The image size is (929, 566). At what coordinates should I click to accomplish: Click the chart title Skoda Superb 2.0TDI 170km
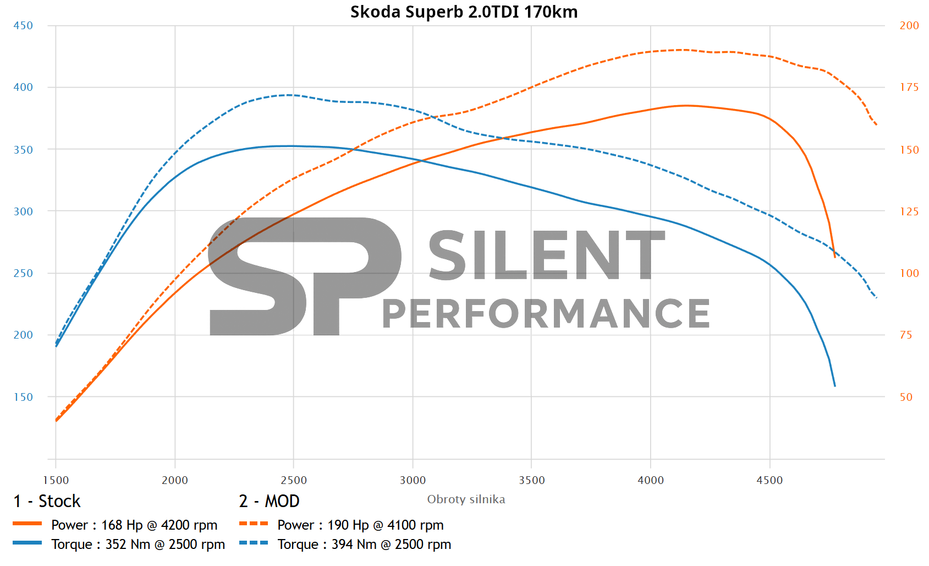[x=464, y=12]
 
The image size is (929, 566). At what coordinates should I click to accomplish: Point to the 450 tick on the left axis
[x=23, y=26]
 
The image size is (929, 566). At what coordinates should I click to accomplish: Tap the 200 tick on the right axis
[x=909, y=26]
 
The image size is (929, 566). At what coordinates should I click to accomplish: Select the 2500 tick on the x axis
[x=294, y=480]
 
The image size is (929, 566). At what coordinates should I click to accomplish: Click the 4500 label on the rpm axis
[x=769, y=480]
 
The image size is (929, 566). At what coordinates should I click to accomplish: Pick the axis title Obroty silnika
[x=466, y=499]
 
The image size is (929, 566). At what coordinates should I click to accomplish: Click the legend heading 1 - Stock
[x=47, y=501]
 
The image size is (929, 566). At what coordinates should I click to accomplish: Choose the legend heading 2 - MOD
[x=269, y=501]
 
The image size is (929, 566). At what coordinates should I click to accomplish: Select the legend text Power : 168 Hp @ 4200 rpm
[x=134, y=525]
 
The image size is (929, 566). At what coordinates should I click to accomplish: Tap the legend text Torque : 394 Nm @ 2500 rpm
[x=364, y=545]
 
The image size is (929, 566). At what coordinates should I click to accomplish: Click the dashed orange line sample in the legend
[x=254, y=524]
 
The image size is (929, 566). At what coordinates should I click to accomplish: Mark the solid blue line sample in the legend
[x=28, y=543]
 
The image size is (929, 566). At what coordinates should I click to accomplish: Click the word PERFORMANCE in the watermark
[x=546, y=314]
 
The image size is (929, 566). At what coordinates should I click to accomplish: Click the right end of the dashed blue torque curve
[x=876, y=297]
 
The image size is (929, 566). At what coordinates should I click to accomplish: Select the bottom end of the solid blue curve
[x=834, y=385]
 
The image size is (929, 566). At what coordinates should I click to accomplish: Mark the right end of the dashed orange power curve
[x=876, y=125]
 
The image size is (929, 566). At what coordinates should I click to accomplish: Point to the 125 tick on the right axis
[x=909, y=211]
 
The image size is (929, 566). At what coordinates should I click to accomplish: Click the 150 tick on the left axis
[x=23, y=397]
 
